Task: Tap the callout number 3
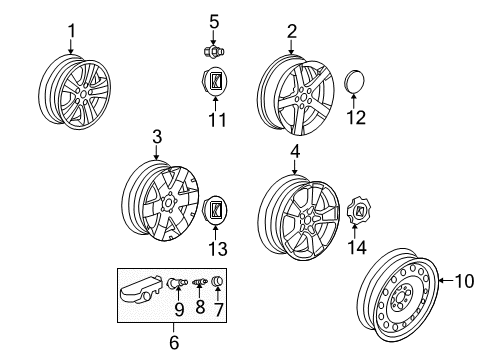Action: click(157, 137)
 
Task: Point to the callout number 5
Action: click(212, 21)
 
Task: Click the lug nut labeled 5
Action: click(212, 49)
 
